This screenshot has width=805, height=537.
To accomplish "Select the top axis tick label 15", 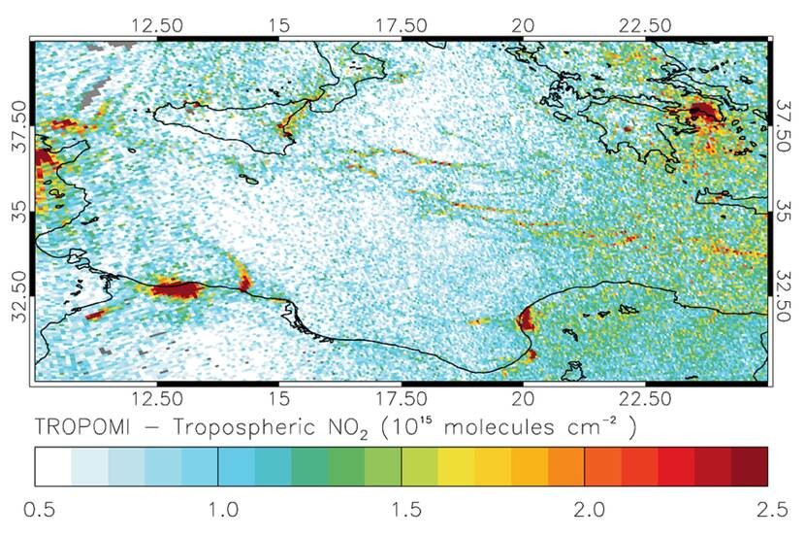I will (x=278, y=22).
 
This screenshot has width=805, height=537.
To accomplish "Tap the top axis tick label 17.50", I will (x=401, y=22).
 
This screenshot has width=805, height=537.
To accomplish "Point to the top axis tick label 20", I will (x=524, y=22).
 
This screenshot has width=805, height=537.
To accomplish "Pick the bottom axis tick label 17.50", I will (x=401, y=398).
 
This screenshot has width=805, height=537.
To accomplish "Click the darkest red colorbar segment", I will (x=749, y=465).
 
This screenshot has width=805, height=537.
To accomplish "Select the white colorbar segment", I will (x=54, y=465).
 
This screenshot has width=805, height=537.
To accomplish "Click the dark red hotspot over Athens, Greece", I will (x=700, y=114).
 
